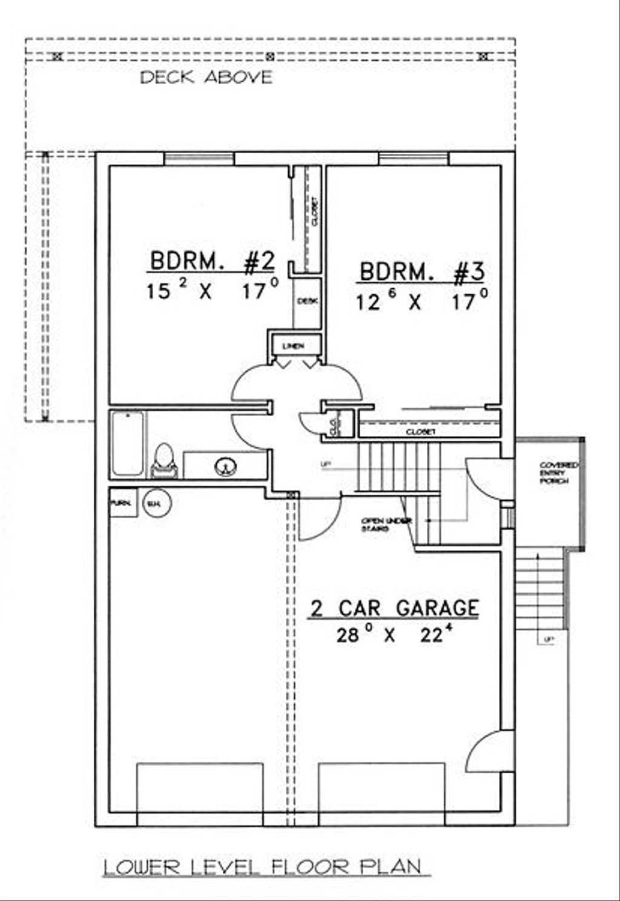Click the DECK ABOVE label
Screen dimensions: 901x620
click(x=206, y=78)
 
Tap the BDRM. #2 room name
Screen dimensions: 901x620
click(x=212, y=262)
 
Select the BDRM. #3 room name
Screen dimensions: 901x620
click(x=422, y=272)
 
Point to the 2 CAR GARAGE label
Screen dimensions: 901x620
click(x=394, y=608)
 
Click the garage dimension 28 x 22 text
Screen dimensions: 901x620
click(x=394, y=635)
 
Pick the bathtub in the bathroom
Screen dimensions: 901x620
click(x=128, y=444)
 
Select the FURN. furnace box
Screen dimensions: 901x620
click(x=123, y=503)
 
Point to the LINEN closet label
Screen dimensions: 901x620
click(x=293, y=346)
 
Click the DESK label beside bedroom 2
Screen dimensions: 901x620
click(x=307, y=300)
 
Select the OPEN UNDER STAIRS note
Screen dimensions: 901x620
click(x=386, y=524)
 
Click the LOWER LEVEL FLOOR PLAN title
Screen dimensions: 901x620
click(x=262, y=866)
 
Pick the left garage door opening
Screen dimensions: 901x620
click(x=200, y=793)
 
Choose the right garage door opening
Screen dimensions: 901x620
click(x=382, y=793)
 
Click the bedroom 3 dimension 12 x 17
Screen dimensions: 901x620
click(x=422, y=301)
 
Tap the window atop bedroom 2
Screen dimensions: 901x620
click(x=199, y=159)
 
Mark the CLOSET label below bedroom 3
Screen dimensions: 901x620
click(x=421, y=432)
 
